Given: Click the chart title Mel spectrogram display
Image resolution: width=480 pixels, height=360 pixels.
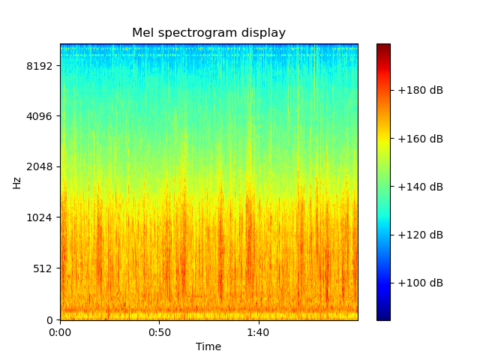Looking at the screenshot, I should [x=208, y=33].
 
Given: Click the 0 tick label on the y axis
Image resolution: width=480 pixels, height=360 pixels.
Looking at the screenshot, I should [x=51, y=320].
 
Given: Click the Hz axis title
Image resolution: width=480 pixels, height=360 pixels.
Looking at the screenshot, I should [x=17, y=182].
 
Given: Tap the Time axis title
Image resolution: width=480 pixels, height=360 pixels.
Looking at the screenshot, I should [x=208, y=346].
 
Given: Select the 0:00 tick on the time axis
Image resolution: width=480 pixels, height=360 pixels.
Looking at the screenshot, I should [x=61, y=332].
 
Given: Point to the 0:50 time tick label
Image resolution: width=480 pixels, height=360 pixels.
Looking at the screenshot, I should [x=160, y=332].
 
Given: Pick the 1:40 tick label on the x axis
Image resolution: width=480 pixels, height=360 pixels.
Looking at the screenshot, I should [x=259, y=332].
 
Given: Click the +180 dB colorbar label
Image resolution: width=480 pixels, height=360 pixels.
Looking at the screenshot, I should [x=420, y=91].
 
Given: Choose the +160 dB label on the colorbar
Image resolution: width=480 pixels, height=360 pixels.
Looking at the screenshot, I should [x=420, y=139].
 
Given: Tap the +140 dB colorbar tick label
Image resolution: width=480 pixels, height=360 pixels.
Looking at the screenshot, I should [x=420, y=187].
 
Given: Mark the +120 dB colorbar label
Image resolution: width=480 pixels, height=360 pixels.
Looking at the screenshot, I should [x=420, y=235].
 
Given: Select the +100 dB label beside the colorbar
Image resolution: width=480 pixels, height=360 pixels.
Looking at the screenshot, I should [x=420, y=283].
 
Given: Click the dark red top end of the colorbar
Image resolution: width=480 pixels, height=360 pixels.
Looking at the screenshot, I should [x=383, y=46].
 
